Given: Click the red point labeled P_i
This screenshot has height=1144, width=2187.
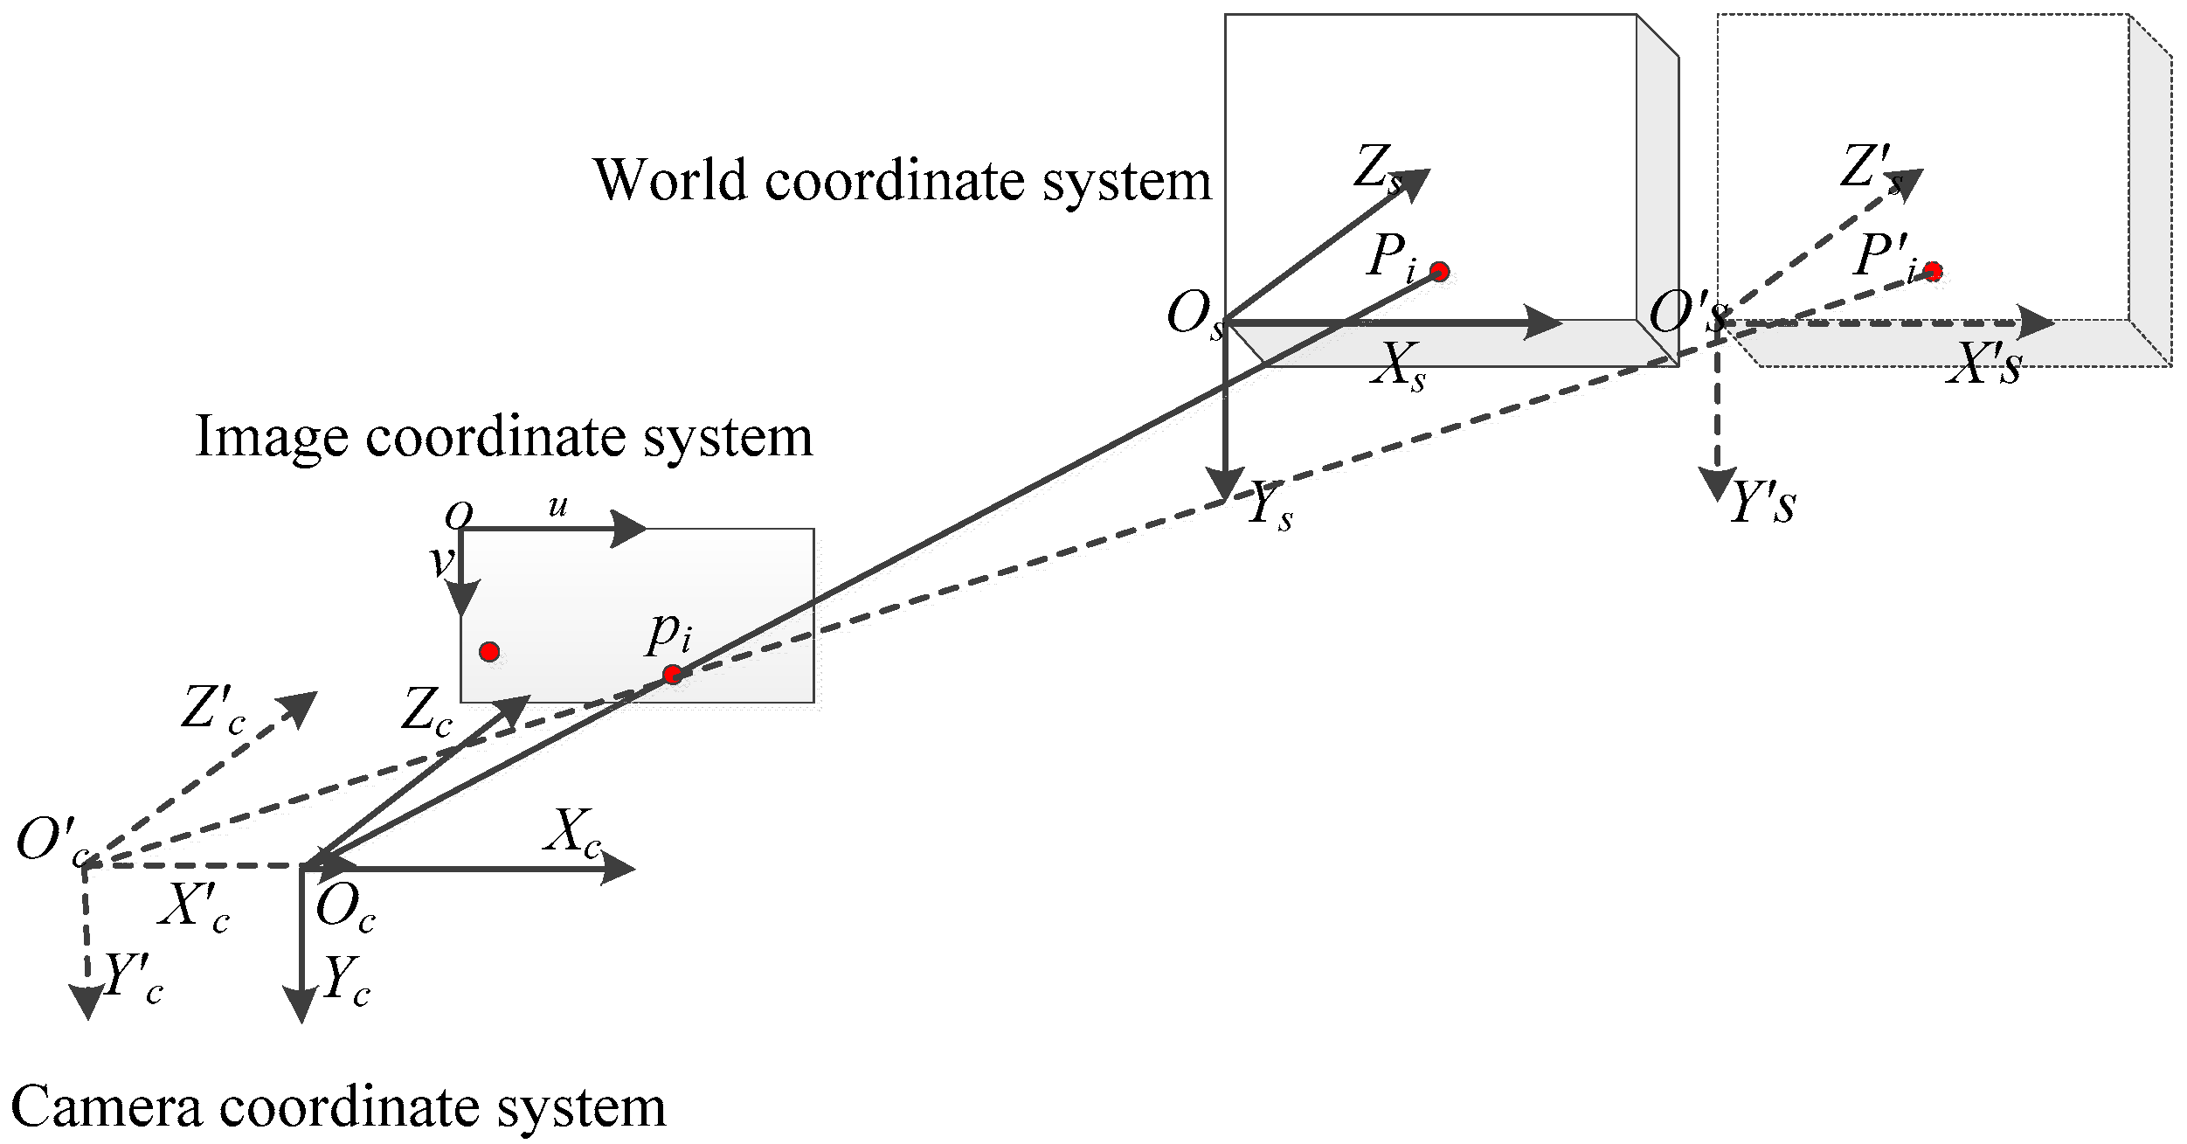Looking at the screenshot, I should [1440, 272].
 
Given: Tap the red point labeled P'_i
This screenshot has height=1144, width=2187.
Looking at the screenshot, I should [1933, 272].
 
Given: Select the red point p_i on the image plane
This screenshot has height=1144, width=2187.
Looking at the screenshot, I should [672, 675].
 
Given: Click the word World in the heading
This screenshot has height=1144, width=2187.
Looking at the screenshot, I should [670, 180].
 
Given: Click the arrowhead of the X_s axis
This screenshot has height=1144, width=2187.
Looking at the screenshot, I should [1544, 322].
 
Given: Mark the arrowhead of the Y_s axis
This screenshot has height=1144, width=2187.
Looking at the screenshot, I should [1225, 483].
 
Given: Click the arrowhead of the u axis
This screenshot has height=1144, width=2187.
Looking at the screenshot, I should [629, 529].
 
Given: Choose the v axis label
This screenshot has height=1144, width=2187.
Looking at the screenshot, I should [442, 561].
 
